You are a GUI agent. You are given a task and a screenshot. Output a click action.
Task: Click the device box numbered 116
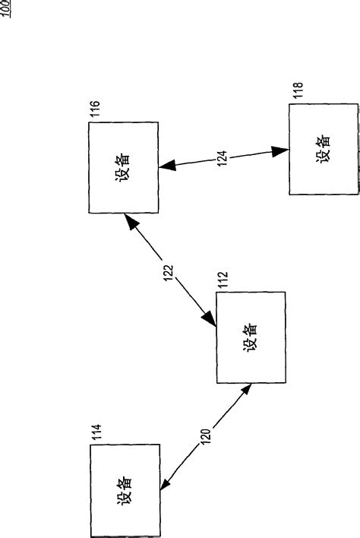123,166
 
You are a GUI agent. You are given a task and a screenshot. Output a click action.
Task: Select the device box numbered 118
322,150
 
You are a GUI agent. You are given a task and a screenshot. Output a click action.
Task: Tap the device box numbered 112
251,337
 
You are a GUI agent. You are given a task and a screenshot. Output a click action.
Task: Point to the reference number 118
296,93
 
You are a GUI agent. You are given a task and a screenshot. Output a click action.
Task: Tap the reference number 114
96,435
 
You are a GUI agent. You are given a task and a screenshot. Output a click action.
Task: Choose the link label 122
169,271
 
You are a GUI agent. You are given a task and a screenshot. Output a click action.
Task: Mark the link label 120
205,436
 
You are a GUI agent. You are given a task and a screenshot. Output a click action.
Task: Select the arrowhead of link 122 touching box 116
131,221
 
